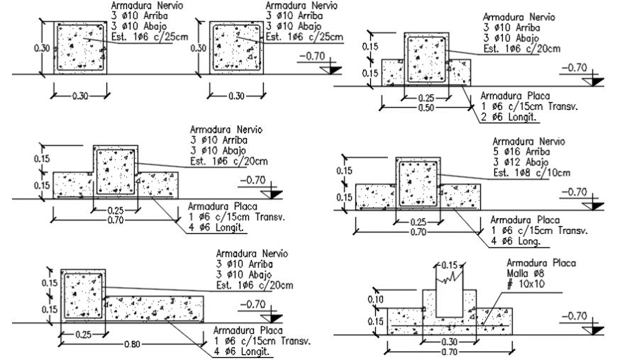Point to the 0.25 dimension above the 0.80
(x=82, y=334)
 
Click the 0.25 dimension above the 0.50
(x=426, y=98)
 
